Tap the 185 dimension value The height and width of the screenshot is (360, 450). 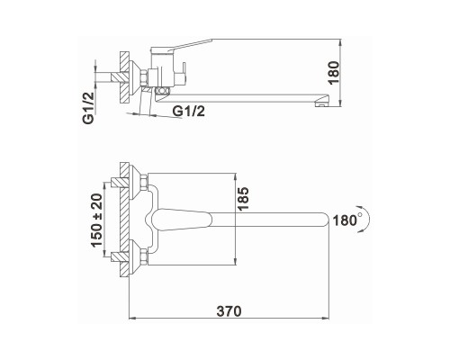243,199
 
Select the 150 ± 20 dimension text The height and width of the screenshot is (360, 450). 97,220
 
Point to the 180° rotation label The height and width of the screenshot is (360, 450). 346,220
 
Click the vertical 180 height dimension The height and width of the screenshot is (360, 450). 334,73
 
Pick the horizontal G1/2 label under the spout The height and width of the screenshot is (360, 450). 189,112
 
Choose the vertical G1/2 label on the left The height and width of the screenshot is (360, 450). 88,108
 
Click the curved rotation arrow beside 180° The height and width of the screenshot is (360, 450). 367,219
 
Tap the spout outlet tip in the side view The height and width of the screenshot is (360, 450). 322,103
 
